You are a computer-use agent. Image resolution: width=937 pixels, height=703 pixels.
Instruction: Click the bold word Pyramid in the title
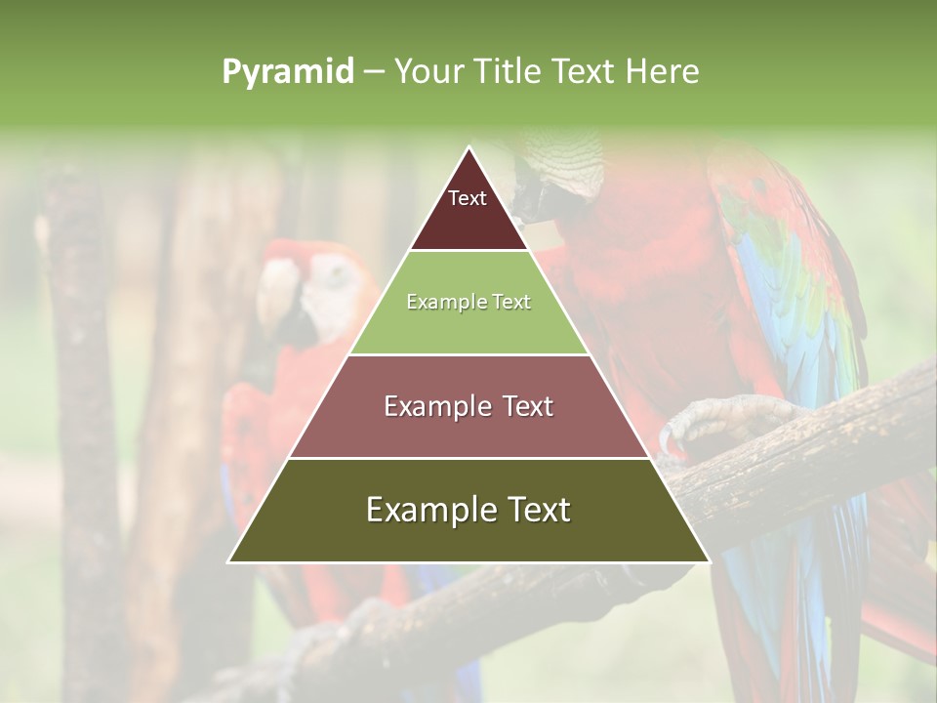288,72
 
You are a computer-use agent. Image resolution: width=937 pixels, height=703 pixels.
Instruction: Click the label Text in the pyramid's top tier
468,199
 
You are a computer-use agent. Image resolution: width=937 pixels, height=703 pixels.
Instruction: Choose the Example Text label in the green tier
468,303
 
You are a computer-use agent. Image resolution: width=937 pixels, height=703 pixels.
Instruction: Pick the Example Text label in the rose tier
468,406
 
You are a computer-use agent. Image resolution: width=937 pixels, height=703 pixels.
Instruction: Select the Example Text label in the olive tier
468,510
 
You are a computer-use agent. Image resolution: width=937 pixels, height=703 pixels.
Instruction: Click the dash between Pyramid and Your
374,72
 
